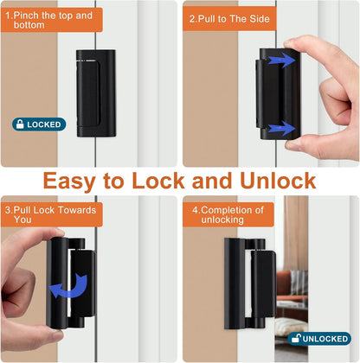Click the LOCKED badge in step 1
click(38, 124)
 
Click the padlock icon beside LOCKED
click(20, 124)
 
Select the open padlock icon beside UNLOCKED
click(298, 339)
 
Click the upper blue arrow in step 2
click(279, 60)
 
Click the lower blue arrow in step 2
click(279, 128)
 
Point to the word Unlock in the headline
click(277, 181)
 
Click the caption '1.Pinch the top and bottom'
click(52, 20)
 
